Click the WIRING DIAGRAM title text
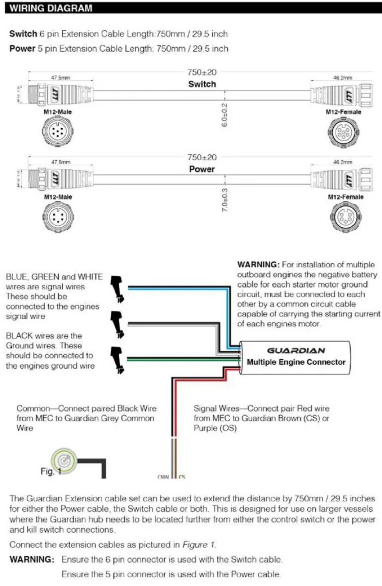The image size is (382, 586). click(x=51, y=8)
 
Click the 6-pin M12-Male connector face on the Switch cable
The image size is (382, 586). click(x=58, y=131)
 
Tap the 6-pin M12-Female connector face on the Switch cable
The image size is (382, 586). click(x=343, y=132)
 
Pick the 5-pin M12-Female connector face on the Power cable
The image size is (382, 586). click(x=345, y=217)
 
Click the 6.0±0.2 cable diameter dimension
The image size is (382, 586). click(x=224, y=115)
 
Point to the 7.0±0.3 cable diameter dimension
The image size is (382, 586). click(x=225, y=200)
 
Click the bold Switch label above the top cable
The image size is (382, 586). click(x=202, y=84)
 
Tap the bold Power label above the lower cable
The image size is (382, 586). click(x=202, y=169)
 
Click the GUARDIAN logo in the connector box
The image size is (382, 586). click(x=296, y=350)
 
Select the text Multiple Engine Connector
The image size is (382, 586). click(x=296, y=362)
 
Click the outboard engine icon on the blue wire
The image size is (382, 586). click(x=118, y=289)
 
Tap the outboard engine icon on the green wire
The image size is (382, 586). click(x=118, y=359)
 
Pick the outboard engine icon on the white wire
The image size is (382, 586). click(x=118, y=324)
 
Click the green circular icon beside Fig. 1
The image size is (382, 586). click(x=64, y=461)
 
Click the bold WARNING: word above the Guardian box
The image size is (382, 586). click(x=258, y=265)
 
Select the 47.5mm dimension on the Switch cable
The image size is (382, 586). click(x=61, y=78)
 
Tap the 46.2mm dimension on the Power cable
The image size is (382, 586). click(x=343, y=162)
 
